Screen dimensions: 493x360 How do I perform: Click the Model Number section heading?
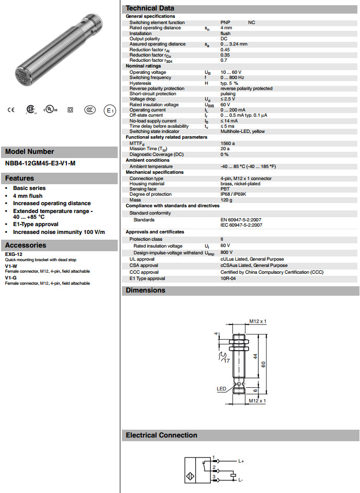[x=29, y=152]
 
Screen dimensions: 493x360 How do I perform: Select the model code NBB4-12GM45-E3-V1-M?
[x=40, y=163]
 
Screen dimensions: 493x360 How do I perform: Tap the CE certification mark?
[x=11, y=110]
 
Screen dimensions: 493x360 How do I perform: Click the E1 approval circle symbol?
[x=109, y=110]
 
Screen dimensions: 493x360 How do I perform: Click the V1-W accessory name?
[x=11, y=266]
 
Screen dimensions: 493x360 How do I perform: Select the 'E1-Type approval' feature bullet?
[x=36, y=224]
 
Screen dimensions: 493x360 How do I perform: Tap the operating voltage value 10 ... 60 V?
[x=231, y=72]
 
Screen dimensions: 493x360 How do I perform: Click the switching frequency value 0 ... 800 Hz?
[x=232, y=77]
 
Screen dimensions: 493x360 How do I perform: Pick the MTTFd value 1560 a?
[x=228, y=143]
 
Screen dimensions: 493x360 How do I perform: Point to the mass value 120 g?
[x=226, y=200]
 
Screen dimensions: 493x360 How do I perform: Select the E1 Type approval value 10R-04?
[x=229, y=278]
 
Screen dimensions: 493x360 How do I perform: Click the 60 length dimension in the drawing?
[x=271, y=364]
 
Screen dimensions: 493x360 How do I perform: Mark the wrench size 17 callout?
[x=226, y=361]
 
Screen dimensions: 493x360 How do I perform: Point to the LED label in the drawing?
[x=221, y=389]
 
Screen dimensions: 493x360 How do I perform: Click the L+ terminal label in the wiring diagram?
[x=241, y=461]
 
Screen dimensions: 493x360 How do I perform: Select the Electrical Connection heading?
[x=161, y=435]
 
